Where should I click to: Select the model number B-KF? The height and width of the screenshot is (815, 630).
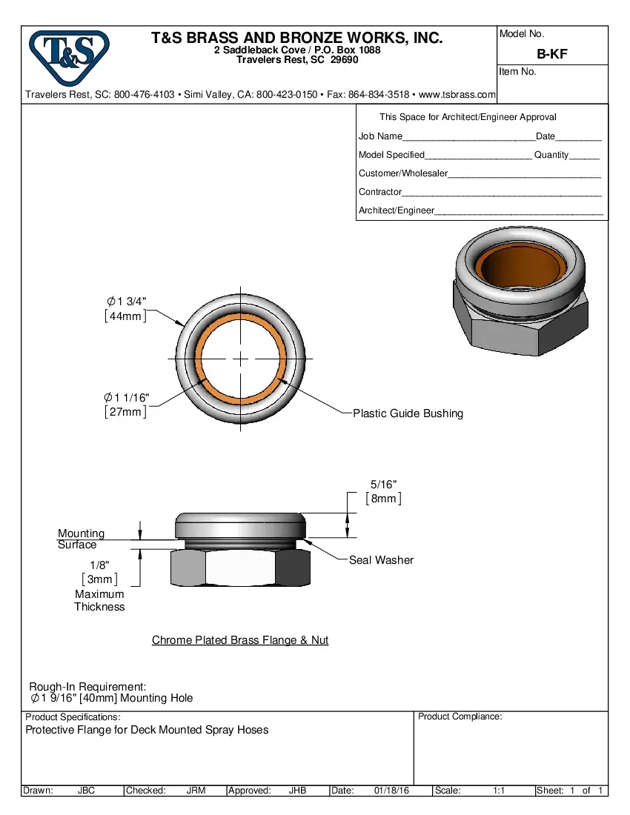click(552, 54)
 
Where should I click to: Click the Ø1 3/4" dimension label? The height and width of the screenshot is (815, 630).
click(126, 302)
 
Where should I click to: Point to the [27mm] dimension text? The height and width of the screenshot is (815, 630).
click(125, 412)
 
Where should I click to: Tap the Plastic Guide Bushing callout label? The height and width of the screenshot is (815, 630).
click(408, 413)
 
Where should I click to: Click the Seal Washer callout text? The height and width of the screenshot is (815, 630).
click(381, 560)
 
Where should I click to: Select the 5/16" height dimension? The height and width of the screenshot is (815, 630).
click(383, 484)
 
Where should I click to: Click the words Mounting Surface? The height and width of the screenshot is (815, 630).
click(81, 539)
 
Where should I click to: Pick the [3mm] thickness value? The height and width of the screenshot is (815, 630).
click(99, 579)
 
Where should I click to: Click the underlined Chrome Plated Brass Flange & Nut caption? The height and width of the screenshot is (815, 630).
click(240, 640)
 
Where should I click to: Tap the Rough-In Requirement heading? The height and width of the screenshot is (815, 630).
click(87, 687)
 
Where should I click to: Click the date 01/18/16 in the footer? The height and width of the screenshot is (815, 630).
click(391, 791)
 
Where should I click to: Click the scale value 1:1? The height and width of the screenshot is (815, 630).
click(499, 791)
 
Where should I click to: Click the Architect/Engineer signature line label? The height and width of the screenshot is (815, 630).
click(397, 210)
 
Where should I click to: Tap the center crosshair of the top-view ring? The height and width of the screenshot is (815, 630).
click(240, 358)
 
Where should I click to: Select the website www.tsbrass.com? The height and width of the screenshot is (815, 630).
click(457, 95)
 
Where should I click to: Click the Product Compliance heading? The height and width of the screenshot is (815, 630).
click(460, 716)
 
